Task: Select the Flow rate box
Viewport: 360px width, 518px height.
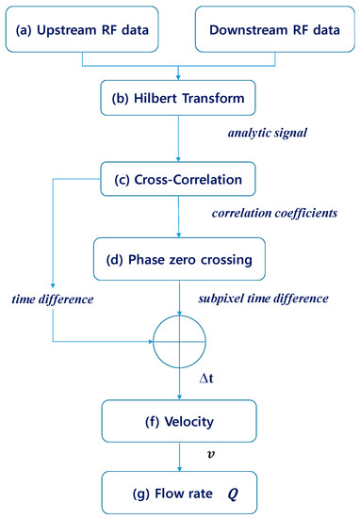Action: [179, 491]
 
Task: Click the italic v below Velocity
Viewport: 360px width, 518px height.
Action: [210, 454]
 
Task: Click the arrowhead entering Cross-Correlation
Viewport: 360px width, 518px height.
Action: [179, 159]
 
